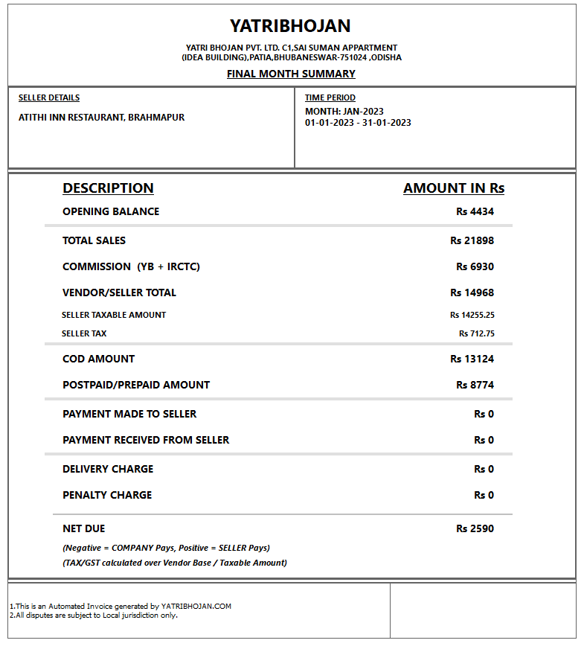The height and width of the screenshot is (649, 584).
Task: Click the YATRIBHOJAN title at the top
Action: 290,26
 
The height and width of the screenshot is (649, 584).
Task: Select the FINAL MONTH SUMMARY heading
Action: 291,74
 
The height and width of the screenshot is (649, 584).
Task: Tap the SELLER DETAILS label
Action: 49,97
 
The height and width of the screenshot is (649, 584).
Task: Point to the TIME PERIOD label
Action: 330,97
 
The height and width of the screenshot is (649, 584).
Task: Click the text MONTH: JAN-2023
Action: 344,112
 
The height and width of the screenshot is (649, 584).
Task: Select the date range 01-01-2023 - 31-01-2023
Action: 358,123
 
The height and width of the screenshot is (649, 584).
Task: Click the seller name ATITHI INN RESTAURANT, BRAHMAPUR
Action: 101,118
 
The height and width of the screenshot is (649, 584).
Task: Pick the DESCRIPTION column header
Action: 108,188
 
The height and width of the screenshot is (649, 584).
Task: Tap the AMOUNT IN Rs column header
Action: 454,188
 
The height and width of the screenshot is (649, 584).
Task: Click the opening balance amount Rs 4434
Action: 475,211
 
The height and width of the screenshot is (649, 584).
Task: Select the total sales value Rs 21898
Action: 472,240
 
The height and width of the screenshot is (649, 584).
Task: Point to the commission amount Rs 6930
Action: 475,266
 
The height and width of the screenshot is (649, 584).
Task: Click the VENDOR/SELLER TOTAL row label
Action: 119,292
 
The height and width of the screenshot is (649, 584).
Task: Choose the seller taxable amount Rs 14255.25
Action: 472,315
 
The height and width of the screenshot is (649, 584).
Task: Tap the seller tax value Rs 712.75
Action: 476,333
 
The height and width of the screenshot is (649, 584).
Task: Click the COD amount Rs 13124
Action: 472,359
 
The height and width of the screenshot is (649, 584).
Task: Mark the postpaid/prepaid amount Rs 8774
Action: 475,385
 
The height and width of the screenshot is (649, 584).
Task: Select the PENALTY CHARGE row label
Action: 107,495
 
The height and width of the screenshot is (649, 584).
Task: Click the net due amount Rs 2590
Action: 475,528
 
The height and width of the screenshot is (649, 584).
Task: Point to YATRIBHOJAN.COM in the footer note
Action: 196,607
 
